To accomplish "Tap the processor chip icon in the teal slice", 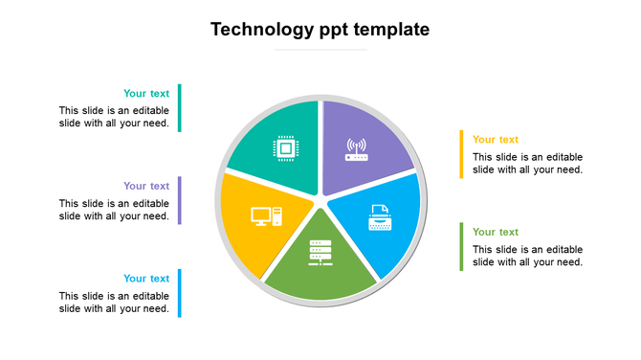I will point(285,148).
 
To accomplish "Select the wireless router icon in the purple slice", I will point(356,149).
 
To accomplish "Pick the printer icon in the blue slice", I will point(380,217).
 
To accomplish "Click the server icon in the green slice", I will point(320,253).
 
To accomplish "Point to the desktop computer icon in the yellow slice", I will point(266,216).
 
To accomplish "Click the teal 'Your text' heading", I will point(146,94).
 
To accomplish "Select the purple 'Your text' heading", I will point(146,187).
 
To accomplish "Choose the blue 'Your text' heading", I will point(146,280).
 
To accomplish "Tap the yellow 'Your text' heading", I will point(496,140).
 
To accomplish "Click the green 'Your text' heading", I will point(496,233).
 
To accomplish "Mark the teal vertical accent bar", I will point(179,107).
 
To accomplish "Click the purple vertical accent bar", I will point(179,200).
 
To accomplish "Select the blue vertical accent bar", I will point(179,293).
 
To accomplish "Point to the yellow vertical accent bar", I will point(461,154).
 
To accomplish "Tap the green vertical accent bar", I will point(461,247).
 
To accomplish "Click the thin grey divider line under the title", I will point(320,50).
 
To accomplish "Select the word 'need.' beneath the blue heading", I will point(155,309).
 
